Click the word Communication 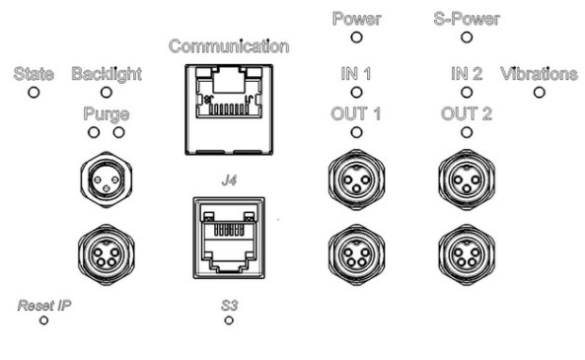[229, 46]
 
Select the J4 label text [229, 180]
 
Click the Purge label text [107, 114]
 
